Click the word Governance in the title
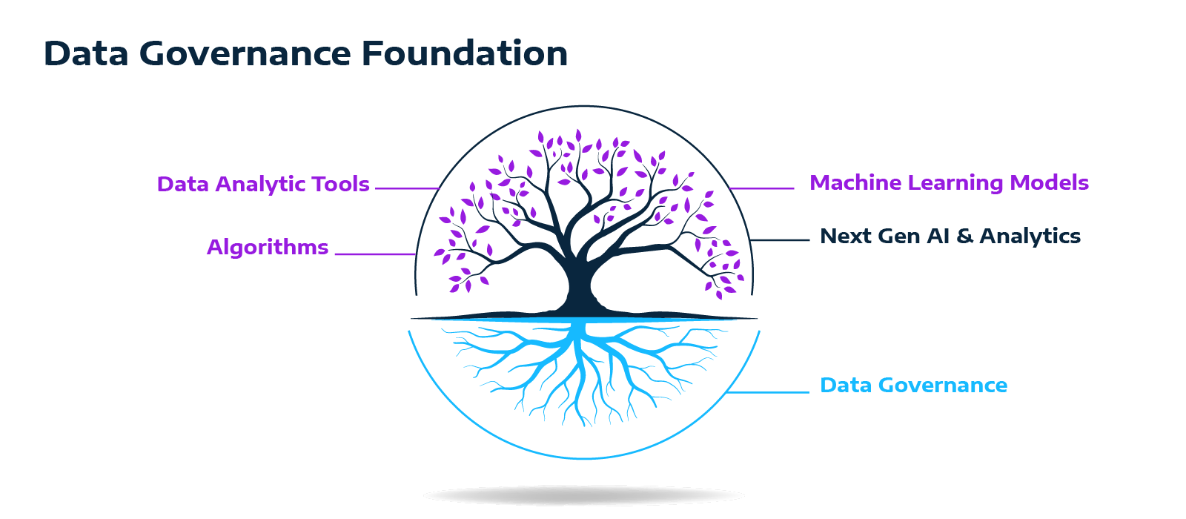click(x=245, y=54)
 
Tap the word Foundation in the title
click(x=465, y=54)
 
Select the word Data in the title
click(x=86, y=54)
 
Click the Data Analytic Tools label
click(x=262, y=185)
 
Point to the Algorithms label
click(x=267, y=248)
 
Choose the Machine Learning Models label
click(x=949, y=183)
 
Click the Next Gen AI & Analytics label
click(x=950, y=237)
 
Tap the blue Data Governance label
click(x=913, y=386)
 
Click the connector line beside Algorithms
click(x=374, y=254)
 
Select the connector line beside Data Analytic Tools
click(x=406, y=188)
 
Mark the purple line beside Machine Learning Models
click(x=762, y=188)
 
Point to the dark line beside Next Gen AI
click(x=780, y=240)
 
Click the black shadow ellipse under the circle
click(x=583, y=495)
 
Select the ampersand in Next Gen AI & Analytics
click(x=964, y=237)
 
